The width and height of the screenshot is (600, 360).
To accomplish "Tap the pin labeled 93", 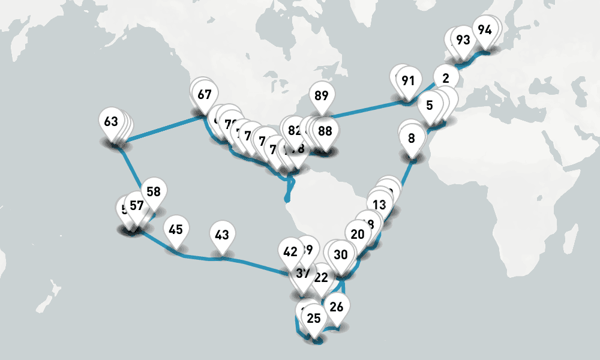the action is (x=463, y=40).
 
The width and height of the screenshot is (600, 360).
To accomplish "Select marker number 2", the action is (x=445, y=78).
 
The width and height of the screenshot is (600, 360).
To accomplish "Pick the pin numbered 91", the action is (x=408, y=80).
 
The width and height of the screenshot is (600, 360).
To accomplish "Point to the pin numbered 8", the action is (x=412, y=139).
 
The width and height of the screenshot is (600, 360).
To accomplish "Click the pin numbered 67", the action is (x=205, y=94).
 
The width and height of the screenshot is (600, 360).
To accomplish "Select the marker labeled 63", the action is (x=111, y=122).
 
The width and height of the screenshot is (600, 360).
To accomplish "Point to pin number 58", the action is (x=154, y=192).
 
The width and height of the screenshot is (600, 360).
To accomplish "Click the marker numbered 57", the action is (x=137, y=206).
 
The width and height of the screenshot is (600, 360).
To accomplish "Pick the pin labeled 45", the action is (x=176, y=229).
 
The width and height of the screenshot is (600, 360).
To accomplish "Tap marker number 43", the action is (x=222, y=235).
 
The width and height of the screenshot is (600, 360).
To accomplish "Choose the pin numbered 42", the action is (x=290, y=252).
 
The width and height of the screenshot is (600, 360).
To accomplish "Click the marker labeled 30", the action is (x=341, y=254).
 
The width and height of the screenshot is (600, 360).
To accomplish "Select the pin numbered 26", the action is (x=337, y=307).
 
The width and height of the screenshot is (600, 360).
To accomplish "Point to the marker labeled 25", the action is (x=314, y=318).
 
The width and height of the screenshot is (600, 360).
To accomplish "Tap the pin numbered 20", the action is (x=358, y=235).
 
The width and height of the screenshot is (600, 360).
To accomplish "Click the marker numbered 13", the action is (x=379, y=205).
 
